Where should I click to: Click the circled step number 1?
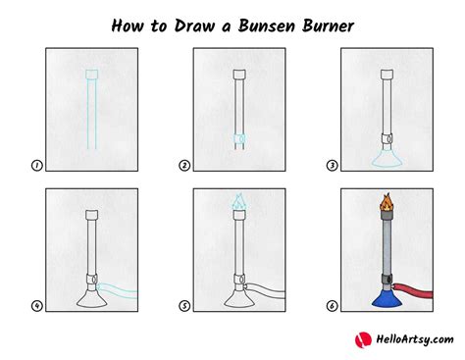36,166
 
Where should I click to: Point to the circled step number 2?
183,166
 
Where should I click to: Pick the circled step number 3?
331,166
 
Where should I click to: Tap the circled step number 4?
36,305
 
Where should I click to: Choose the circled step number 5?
183,305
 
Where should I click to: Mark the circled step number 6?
331,305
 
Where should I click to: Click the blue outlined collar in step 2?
236,140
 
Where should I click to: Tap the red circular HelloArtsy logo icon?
361,339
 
